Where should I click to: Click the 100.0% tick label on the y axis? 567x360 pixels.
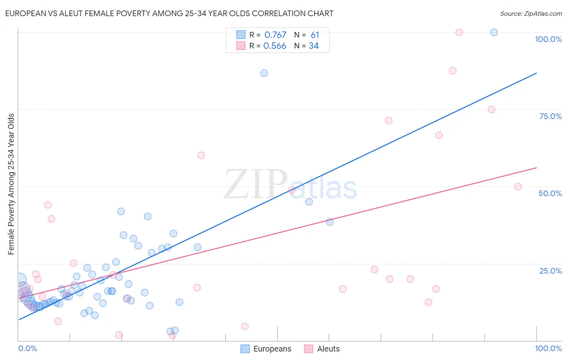548,39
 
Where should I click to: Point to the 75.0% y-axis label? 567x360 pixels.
550,116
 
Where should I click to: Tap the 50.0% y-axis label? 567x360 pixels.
550,193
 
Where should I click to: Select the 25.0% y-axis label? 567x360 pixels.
550,271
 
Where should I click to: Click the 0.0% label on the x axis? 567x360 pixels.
27,348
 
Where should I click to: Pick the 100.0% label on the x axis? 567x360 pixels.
548,348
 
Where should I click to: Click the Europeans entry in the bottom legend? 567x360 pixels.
272,349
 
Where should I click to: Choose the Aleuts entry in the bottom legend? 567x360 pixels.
328,349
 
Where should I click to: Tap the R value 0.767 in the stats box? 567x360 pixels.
275,35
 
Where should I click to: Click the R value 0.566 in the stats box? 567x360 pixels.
275,46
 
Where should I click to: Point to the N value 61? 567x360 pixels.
315,35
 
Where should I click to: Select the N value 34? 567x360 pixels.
314,46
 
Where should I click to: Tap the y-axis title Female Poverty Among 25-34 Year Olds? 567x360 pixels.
11,184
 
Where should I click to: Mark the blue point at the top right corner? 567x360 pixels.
494,32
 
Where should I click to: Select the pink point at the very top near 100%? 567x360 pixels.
459,32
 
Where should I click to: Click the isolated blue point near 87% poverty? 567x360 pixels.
264,73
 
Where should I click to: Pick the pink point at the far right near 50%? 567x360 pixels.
518,187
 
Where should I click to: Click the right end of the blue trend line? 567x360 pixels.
536,73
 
